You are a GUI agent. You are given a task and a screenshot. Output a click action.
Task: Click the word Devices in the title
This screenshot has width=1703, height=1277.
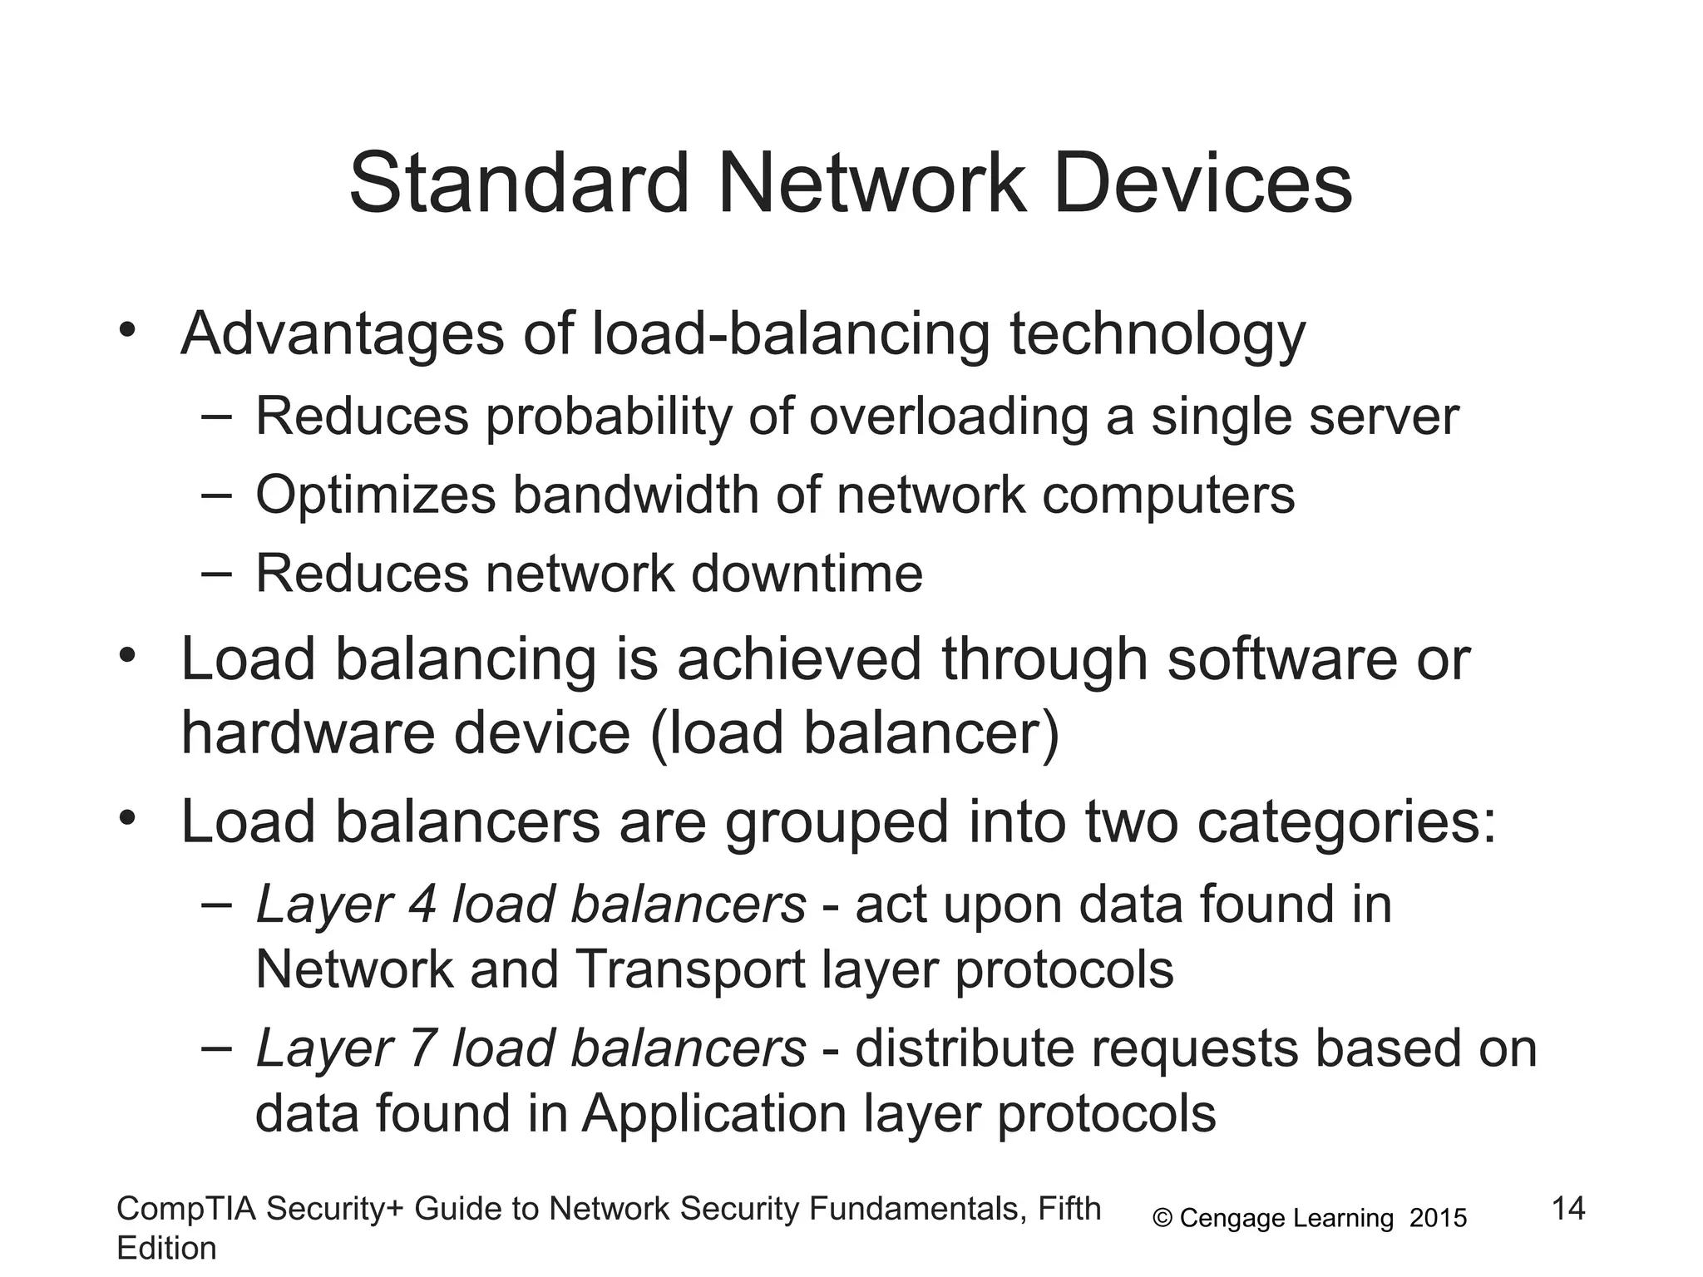(x=1202, y=183)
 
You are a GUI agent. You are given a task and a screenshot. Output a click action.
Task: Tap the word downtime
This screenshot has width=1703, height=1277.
(x=807, y=574)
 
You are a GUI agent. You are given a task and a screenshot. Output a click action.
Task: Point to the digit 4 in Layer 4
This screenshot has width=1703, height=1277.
(x=421, y=905)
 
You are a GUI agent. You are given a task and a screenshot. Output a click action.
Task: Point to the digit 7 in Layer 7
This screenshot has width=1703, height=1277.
(x=421, y=1048)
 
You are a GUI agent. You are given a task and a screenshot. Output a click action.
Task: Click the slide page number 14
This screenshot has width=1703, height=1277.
(x=1568, y=1208)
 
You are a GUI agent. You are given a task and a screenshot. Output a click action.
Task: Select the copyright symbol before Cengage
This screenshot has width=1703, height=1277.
(x=1162, y=1219)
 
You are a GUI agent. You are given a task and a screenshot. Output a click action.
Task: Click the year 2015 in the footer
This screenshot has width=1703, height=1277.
(x=1439, y=1219)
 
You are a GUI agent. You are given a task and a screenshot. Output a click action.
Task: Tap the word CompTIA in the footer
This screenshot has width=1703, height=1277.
(x=184, y=1209)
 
